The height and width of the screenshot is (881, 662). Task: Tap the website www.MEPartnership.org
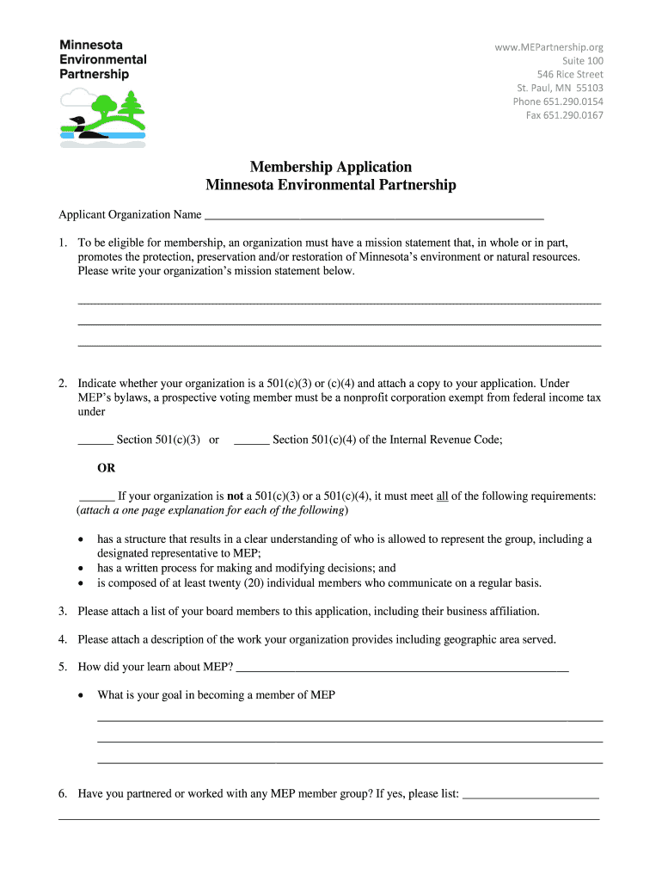[x=549, y=47]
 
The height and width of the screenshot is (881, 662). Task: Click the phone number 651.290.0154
[x=573, y=102]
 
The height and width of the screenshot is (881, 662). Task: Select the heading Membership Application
[x=331, y=167]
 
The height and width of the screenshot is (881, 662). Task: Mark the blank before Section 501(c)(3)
[x=95, y=441]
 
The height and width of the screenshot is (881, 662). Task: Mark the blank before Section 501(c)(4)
[x=251, y=441]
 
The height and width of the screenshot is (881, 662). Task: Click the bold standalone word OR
[x=106, y=468]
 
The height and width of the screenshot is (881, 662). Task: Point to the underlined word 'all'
[x=443, y=496]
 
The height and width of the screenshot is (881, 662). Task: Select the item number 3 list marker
[x=63, y=612]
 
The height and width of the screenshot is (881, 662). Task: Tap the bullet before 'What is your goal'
[x=80, y=695]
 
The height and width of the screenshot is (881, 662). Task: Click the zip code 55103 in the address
[x=589, y=88]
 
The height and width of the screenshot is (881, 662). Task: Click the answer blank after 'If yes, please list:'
[x=530, y=796]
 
